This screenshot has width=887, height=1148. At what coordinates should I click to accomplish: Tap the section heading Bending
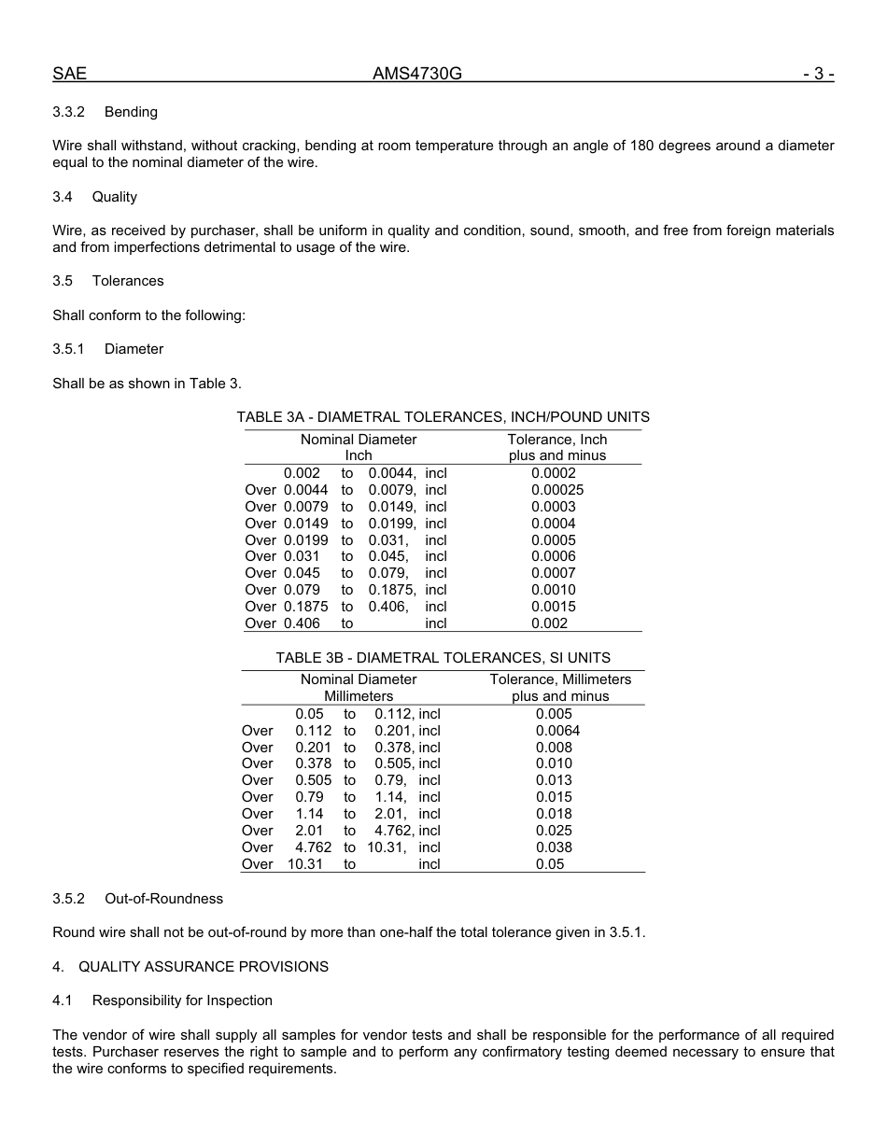[x=131, y=112]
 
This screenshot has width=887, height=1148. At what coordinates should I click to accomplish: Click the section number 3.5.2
[x=68, y=899]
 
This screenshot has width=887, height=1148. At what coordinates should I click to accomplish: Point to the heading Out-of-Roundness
[x=163, y=899]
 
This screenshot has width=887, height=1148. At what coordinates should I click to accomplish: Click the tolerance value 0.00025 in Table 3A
[x=557, y=490]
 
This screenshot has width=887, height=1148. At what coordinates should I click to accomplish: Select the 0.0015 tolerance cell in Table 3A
[x=554, y=607]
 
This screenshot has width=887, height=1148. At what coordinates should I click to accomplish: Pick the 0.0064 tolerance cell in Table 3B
[x=557, y=731]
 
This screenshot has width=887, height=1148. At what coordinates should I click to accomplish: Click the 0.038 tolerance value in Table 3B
[x=554, y=847]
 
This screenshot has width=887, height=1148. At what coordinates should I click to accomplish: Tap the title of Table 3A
[x=443, y=417]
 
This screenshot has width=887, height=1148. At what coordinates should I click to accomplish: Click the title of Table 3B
[x=443, y=658]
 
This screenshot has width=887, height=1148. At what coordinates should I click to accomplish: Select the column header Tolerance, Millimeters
[x=560, y=679]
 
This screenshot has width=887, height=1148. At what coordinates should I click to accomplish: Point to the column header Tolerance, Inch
[x=557, y=440]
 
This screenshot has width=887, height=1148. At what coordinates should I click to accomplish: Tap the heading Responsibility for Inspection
[x=182, y=1001]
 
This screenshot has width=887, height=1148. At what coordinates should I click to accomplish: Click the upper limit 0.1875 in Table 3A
[x=392, y=590]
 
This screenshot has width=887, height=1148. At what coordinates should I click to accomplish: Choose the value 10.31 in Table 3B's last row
[x=305, y=864]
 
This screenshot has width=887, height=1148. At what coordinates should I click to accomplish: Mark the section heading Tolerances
[x=128, y=281]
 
